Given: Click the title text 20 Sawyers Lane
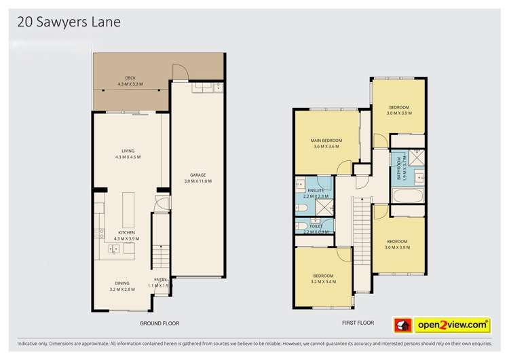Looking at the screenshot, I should click(69, 22).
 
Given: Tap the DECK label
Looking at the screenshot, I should click(130, 78).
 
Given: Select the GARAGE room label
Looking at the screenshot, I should click(198, 175).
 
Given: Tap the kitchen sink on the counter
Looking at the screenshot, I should click(114, 249).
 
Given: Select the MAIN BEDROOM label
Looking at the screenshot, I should click(326, 141).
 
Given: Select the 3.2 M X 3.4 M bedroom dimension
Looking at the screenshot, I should click(322, 281).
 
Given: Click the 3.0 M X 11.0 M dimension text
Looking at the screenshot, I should click(198, 181).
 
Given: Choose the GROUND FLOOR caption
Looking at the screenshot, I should click(159, 323).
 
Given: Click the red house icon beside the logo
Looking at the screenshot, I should click(402, 326).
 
